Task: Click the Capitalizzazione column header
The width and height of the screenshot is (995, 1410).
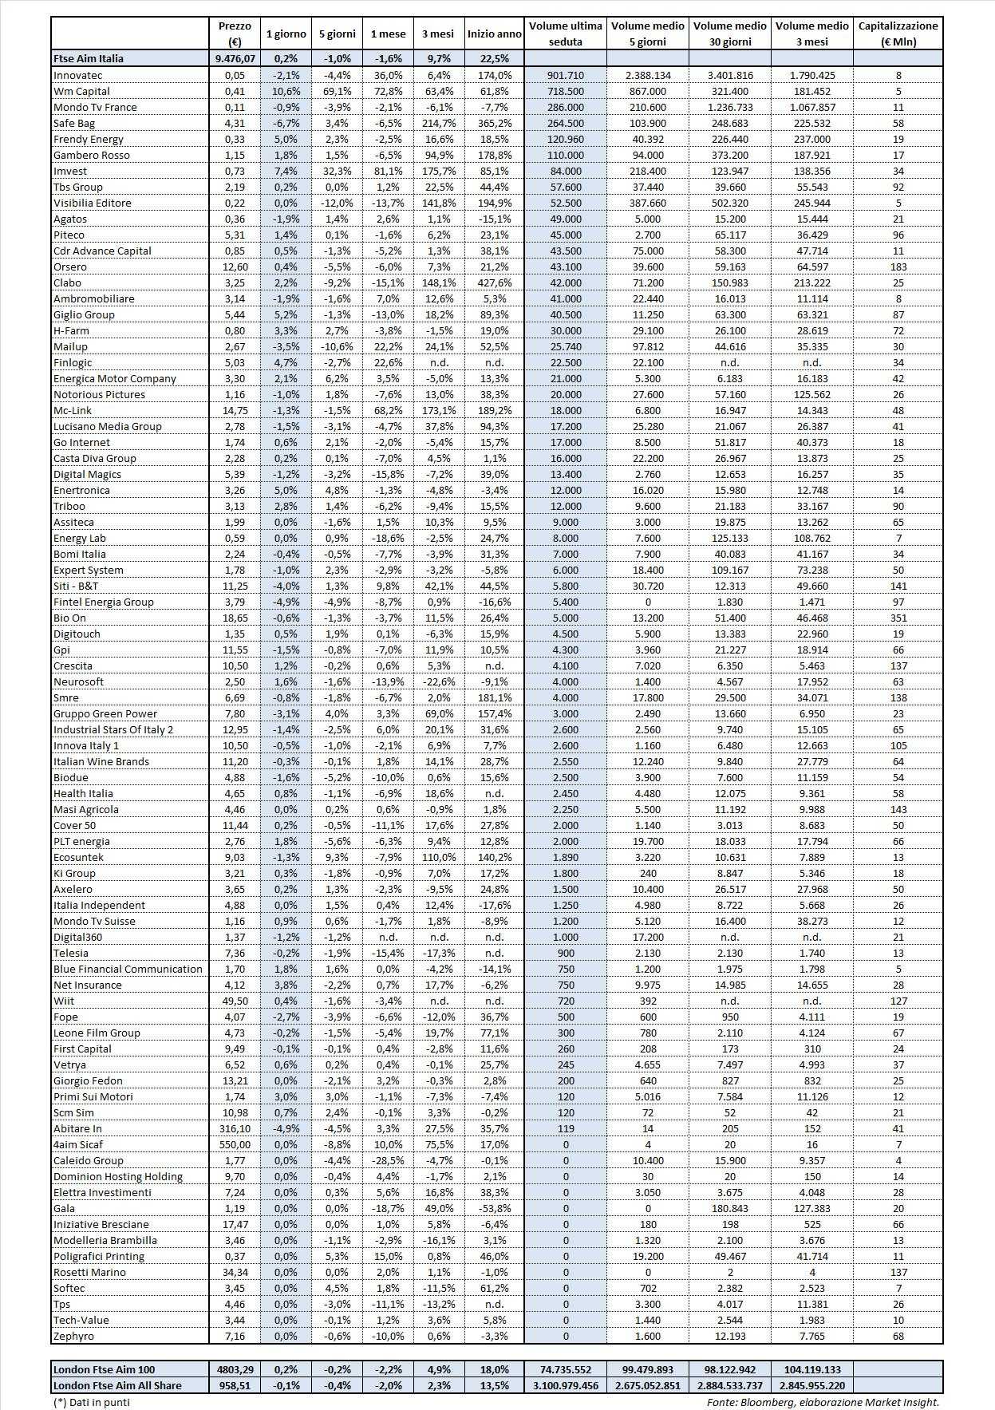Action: (898, 34)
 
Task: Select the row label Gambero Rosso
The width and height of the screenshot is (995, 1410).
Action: (91, 155)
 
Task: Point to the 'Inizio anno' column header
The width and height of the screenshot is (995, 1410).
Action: (494, 34)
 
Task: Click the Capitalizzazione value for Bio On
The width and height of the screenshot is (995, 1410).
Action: (898, 618)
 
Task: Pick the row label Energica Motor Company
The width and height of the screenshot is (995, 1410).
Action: (114, 378)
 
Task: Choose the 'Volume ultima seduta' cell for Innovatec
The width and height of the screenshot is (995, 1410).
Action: (566, 75)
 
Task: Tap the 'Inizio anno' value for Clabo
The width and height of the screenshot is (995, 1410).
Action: (494, 282)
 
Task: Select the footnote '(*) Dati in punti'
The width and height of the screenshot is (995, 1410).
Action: (91, 1401)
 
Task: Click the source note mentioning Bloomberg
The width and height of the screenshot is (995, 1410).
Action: (823, 1401)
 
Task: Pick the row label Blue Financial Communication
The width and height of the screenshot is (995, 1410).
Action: (128, 969)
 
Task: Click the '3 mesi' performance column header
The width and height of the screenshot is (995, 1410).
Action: (438, 34)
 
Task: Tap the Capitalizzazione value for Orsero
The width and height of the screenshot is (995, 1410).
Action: (898, 267)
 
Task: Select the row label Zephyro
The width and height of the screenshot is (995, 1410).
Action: (73, 1336)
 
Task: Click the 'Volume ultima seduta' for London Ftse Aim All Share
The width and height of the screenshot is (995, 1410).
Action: (566, 1385)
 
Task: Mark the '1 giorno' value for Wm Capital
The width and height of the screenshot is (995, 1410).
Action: (285, 91)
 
